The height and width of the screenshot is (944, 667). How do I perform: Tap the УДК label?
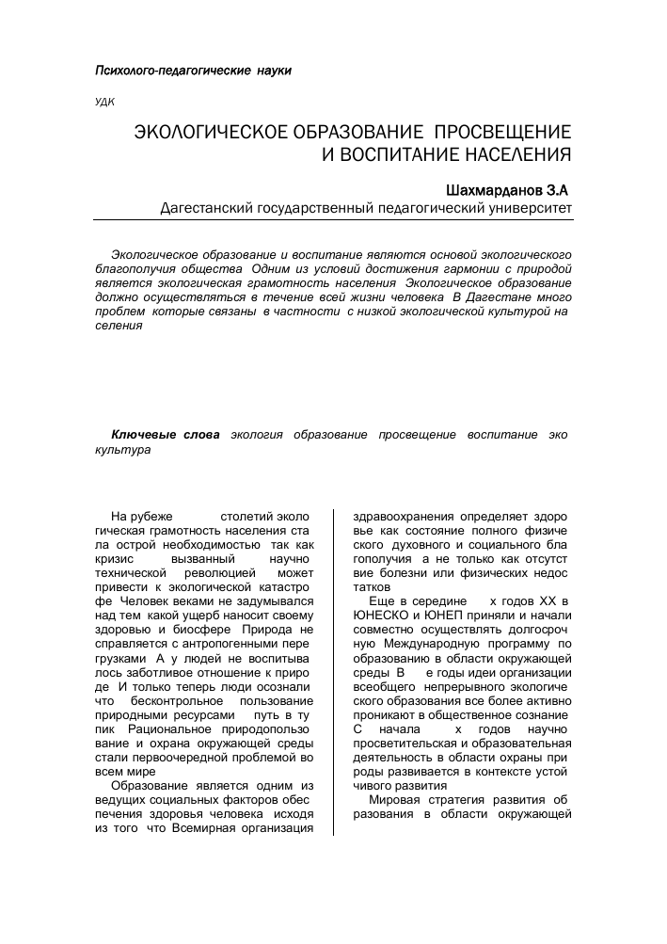105,103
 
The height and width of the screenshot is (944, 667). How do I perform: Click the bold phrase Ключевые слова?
166,435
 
